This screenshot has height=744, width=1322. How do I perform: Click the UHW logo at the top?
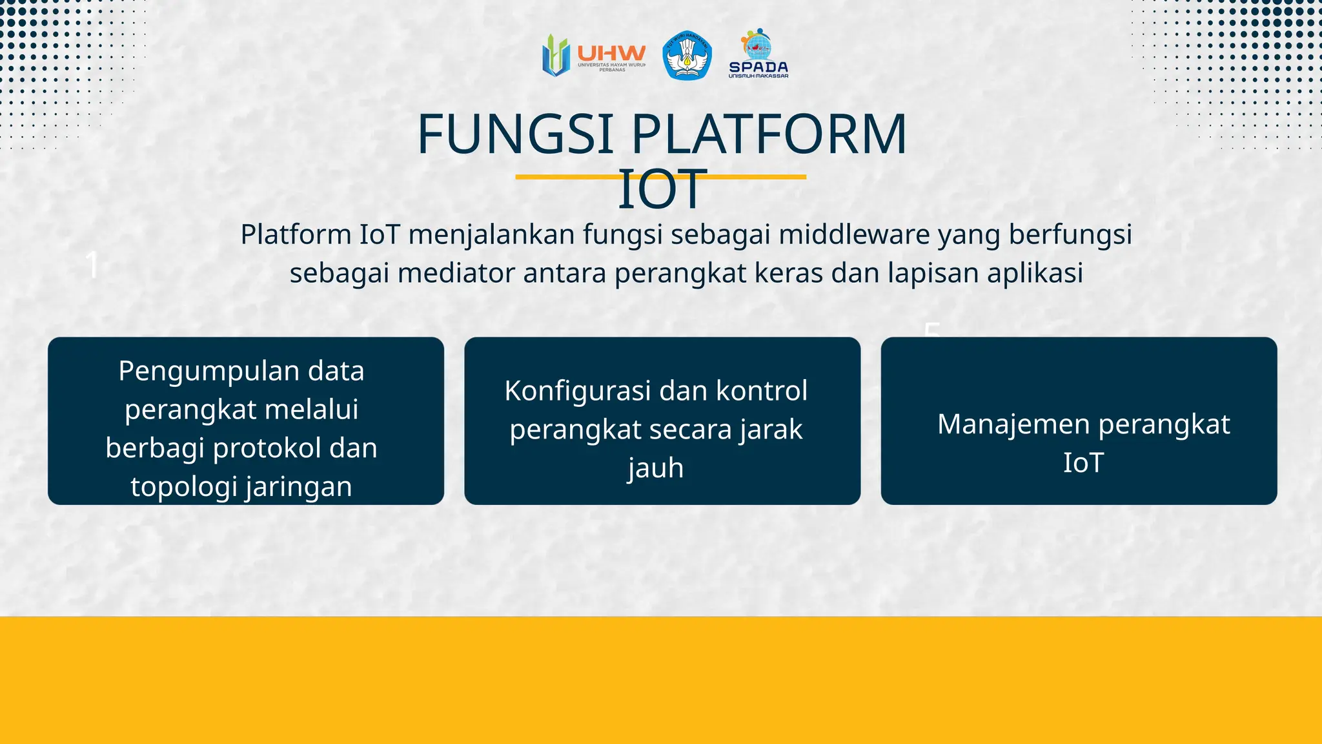(593, 56)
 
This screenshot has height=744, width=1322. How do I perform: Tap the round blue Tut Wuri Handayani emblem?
(687, 56)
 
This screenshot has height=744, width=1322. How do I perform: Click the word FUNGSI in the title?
(515, 134)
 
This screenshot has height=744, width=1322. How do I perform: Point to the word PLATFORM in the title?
(769, 134)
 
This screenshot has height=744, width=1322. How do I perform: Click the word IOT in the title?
(660, 190)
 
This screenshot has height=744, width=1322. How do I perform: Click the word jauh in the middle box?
(656, 468)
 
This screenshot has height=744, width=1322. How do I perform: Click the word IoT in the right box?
(1083, 462)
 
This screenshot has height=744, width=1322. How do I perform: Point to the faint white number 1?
(92, 265)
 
